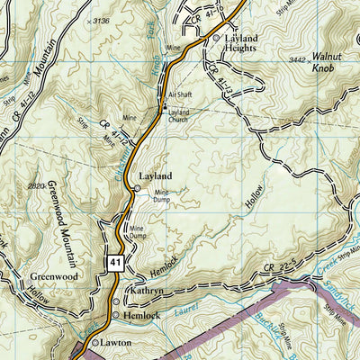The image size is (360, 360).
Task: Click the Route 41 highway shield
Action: click(115, 261)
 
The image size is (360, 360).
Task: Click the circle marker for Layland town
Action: click(137, 188)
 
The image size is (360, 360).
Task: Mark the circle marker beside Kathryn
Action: click(116, 301)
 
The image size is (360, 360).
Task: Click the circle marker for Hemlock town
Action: click(117, 316)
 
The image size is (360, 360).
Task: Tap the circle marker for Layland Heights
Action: click(216, 39)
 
